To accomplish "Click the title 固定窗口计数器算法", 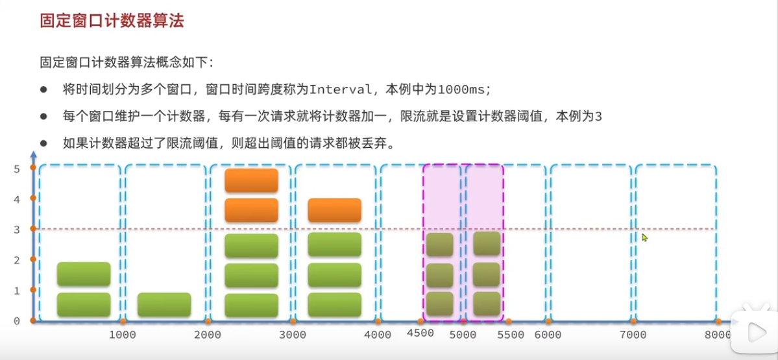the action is pos(112,21).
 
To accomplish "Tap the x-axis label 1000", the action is pos(121,335).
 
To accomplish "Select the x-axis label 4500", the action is pos(420,334).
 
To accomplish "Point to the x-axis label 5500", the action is pos(510,335).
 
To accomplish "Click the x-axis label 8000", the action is pos(718,335).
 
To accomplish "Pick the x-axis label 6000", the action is pos(548,335).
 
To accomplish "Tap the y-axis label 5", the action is pos(17,169).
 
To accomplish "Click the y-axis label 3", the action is pos(17,229).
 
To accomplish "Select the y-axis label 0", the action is pos(17,320).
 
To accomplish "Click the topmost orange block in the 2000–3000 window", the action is pos(251,180).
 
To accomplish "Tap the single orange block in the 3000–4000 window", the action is pos(334,210).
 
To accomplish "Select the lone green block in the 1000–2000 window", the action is pos(164,305).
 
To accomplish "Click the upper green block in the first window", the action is pos(84,274).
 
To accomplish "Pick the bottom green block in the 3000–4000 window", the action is pos(334,305).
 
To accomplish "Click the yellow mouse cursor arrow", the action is pos(644,237).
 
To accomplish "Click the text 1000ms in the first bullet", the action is pos(463,89).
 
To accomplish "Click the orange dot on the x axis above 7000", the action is pos(633,321).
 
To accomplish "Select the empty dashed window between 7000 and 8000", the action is pos(675,243).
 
